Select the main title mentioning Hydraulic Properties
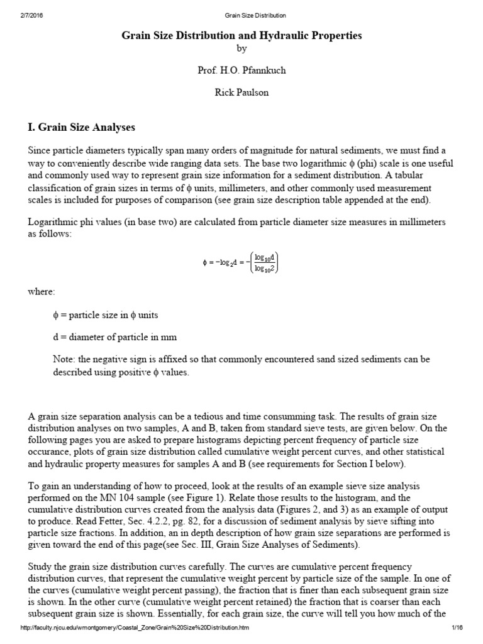tap(241, 36)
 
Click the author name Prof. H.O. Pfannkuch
tap(241, 70)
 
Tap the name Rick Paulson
tap(241, 92)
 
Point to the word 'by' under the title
tap(241, 49)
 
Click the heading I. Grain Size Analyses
tap(82, 128)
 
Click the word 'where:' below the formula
tap(42, 292)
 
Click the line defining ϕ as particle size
tap(109, 314)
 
